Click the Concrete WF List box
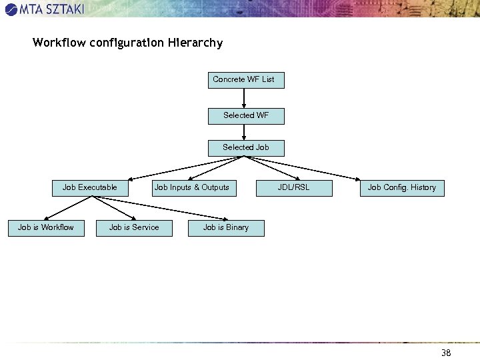[245, 80]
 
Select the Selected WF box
[245, 116]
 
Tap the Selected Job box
[245, 148]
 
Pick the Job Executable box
[89, 188]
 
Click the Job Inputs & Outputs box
[191, 188]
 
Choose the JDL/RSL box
[293, 188]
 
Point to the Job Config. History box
[401, 188]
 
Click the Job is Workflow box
[46, 228]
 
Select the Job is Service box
[134, 228]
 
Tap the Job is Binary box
[225, 228]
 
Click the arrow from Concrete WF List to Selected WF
[245, 98]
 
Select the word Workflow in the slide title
[59, 43]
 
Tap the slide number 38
[446, 353]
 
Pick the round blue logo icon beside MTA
[11, 9]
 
